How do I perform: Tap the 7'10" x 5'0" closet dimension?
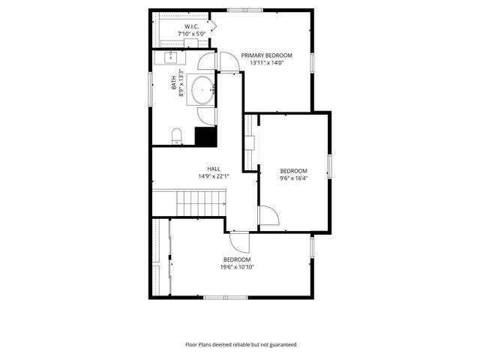pyautogui.click(x=190, y=34)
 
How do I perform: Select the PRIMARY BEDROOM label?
pyautogui.click(x=266, y=55)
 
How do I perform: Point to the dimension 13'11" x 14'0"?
pyautogui.click(x=266, y=63)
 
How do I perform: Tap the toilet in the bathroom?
pyautogui.click(x=177, y=135)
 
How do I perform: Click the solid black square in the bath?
pyautogui.click(x=205, y=136)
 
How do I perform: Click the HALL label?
pyautogui.click(x=214, y=169)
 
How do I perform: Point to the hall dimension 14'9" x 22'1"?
pyautogui.click(x=214, y=177)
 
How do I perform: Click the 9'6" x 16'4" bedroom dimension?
pyautogui.click(x=294, y=178)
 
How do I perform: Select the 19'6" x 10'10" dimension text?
pyautogui.click(x=236, y=267)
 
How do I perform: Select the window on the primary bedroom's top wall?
pyautogui.click(x=246, y=10)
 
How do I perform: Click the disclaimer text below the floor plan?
pyautogui.click(x=240, y=345)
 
